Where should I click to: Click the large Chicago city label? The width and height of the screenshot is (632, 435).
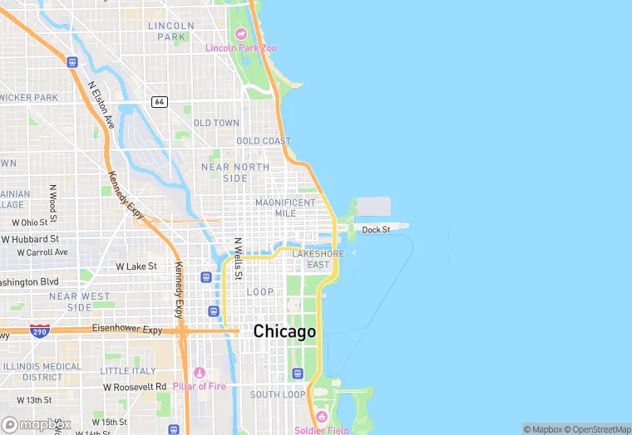pos(284,331)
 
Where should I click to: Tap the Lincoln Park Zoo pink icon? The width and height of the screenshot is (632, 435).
pos(241,34)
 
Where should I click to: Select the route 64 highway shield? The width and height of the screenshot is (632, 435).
pos(160,101)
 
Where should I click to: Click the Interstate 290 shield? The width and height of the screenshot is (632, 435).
pos(39,330)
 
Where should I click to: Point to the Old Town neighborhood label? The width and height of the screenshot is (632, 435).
pos(216,123)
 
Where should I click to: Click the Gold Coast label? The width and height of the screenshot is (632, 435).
pos(264,141)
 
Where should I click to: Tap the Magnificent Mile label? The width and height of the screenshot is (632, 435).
pos(285,208)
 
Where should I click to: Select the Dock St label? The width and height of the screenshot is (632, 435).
pos(376,229)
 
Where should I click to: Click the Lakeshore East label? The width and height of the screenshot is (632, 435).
pos(318,259)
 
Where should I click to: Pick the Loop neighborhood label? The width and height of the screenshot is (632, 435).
pos(260,291)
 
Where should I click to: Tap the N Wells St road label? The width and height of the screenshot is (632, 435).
pos(237,258)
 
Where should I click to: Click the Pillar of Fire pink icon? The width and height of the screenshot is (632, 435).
pos(199,373)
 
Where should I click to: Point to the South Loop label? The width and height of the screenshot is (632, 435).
pos(278,394)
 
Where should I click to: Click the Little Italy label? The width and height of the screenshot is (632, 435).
pos(128,370)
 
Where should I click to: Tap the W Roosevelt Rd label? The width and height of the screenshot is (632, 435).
pos(135,387)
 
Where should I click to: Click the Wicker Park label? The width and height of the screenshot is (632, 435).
pos(29,97)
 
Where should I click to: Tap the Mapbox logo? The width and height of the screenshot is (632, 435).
pos(37,424)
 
